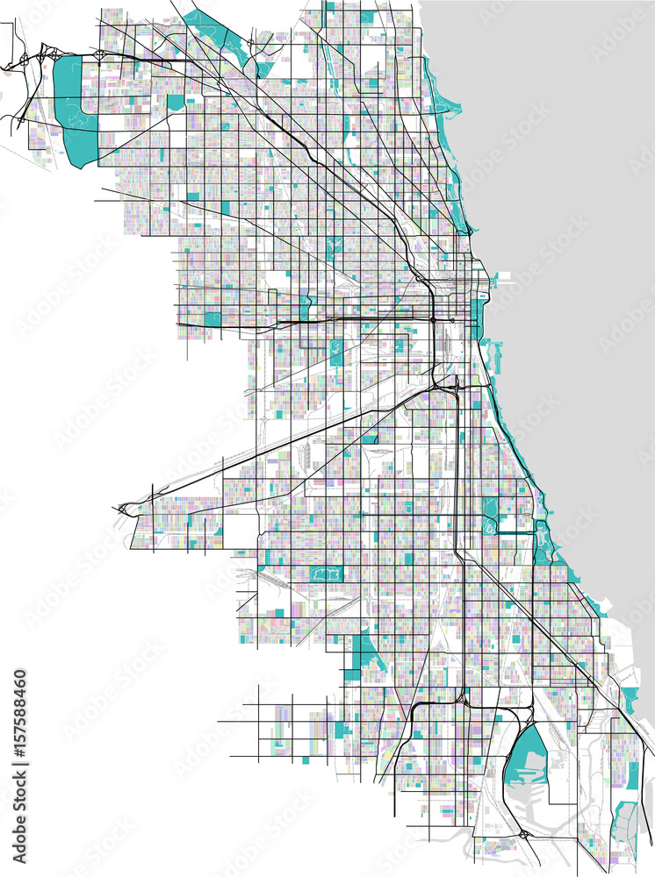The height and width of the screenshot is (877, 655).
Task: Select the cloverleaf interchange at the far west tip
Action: tap(122, 507)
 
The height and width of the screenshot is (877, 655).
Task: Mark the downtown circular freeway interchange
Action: tap(434, 321)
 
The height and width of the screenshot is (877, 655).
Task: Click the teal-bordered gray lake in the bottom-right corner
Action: tap(627, 824)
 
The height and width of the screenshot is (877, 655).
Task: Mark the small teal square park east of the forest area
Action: tap(176, 102)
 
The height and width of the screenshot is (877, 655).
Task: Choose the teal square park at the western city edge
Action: tap(213, 319)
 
